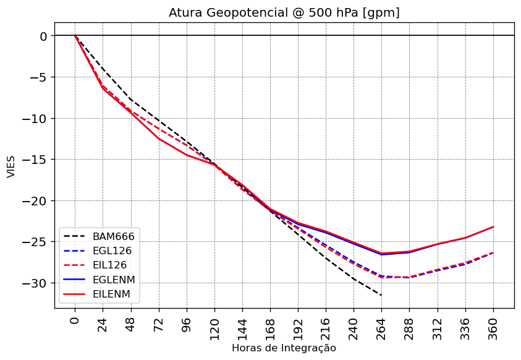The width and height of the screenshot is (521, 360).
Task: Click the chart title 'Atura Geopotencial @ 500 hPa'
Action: pos(284,12)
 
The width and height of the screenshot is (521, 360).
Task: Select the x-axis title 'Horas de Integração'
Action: pos(284,348)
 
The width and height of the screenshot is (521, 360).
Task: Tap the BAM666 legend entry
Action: pos(113,236)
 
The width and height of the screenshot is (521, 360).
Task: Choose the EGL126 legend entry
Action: pos(112,251)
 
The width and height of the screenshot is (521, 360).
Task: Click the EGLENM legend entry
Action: pos(114,280)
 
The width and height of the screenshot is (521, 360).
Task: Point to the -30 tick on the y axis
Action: pos(35,283)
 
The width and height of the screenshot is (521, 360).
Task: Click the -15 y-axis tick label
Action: pos(35,160)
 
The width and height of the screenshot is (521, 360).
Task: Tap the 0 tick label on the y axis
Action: pos(43,36)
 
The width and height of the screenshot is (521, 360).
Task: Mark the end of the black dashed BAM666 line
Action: pos(381,295)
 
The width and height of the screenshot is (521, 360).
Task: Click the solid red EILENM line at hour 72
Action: pos(159,138)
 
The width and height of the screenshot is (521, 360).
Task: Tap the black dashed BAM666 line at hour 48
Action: pos(131,99)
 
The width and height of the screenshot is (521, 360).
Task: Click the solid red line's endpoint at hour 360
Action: pos(493,226)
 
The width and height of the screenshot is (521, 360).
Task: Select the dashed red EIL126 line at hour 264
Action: pos(381,277)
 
